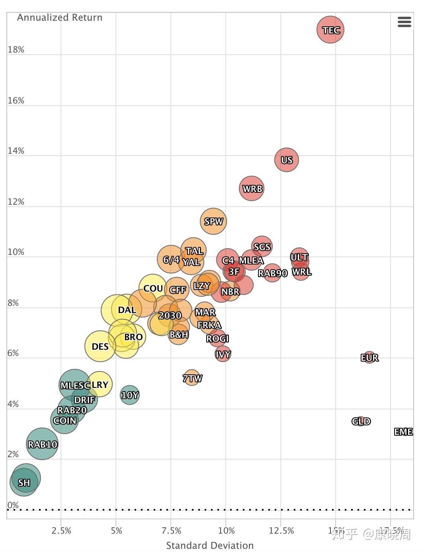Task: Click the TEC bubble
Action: (330, 30)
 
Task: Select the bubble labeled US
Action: (286, 160)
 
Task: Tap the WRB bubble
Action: (252, 189)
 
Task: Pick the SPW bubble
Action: (213, 221)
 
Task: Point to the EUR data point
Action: (369, 358)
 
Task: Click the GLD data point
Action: (361, 421)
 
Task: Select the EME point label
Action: (403, 432)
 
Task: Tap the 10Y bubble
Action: (130, 395)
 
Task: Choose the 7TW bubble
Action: (192, 378)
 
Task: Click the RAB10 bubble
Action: (42, 444)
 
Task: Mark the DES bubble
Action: (100, 346)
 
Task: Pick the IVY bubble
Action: (223, 354)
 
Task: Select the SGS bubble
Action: (262, 247)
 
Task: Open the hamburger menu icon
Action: (404, 22)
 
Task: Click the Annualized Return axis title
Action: (60, 18)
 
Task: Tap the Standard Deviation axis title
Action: (210, 545)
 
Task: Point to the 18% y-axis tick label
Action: (16, 50)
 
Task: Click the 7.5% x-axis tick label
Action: (171, 531)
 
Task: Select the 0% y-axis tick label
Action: (13, 505)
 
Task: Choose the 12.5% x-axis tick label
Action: (281, 531)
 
